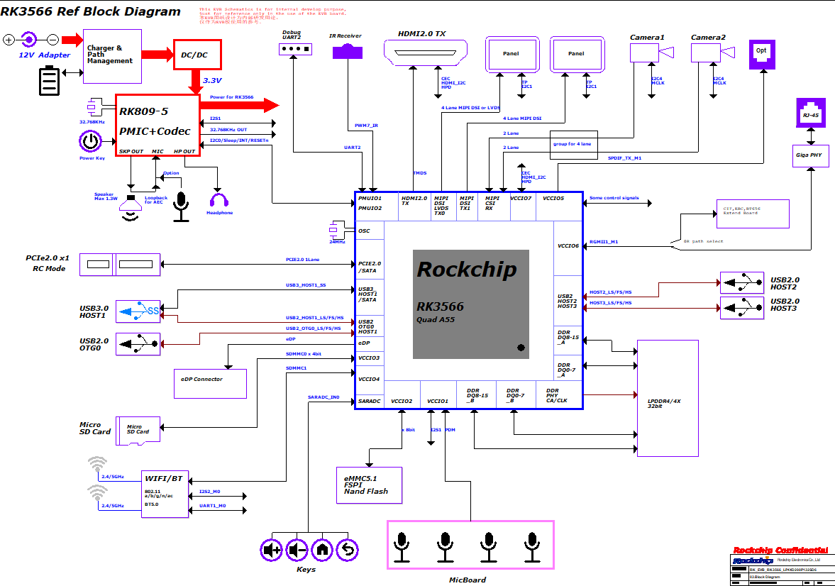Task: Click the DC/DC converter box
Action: tap(198, 55)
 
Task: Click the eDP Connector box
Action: tap(210, 383)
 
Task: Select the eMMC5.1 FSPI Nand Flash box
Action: tap(369, 485)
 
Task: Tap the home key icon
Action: tap(322, 549)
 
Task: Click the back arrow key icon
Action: tap(347, 549)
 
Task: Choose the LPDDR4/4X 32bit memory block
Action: tap(668, 398)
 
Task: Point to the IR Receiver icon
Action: tap(348, 52)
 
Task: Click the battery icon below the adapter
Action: tap(50, 80)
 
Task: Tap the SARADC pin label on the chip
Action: tap(370, 402)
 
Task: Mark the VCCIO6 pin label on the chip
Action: tap(568, 246)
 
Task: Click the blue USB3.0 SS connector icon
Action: tap(139, 310)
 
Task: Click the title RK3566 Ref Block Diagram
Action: tap(91, 11)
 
